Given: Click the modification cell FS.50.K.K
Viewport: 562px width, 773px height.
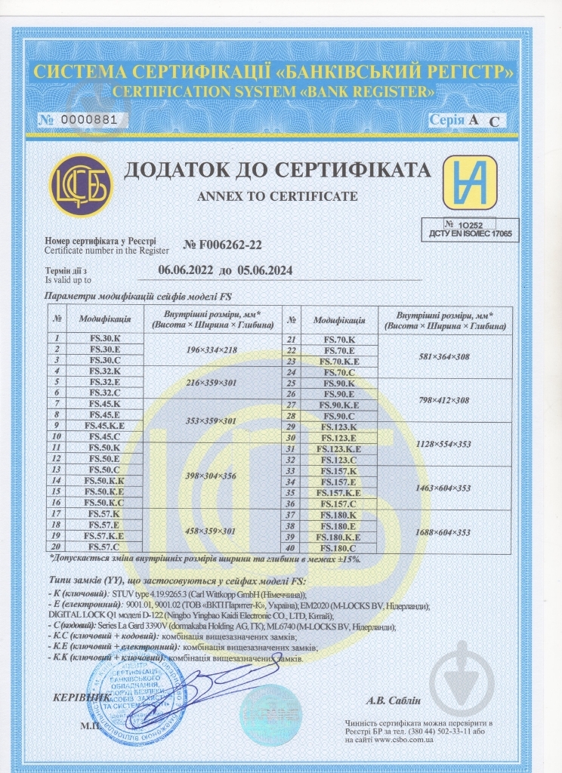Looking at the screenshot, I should coord(104,481).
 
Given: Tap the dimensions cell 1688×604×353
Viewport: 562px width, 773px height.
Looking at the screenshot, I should coord(443,532).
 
